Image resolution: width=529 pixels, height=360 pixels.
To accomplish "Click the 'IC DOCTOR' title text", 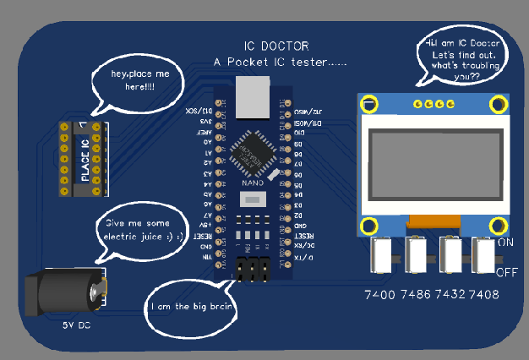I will pos(276,46).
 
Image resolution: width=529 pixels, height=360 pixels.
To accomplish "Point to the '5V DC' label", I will pos(76,325).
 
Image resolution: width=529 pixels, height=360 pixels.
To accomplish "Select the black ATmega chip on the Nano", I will pos(253,151).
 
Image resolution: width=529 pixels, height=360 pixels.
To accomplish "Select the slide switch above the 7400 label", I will pos(382,254).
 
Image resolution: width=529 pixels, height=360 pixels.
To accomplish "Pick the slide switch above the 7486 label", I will pos(416,254).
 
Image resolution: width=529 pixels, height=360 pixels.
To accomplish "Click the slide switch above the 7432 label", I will pos(450,254).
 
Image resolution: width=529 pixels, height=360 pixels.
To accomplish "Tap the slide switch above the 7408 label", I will pos(483,254).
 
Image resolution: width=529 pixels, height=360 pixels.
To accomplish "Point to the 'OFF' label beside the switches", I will pos(506,272).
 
